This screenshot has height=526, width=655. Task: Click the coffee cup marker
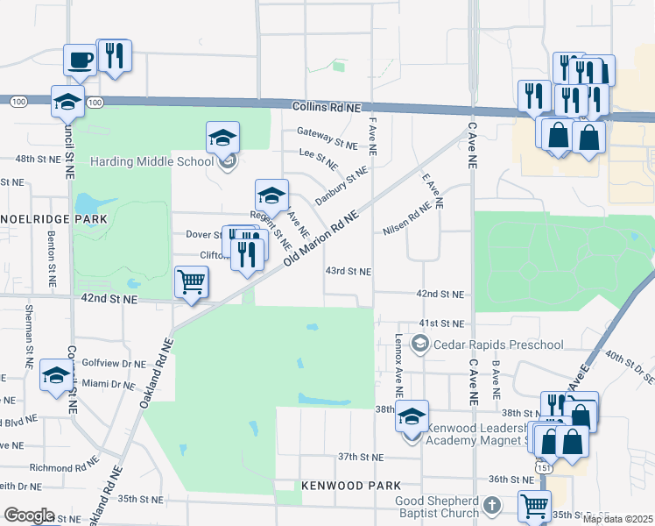(x=80, y=60)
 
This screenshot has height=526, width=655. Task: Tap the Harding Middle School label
(x=152, y=161)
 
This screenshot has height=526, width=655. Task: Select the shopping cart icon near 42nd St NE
(x=191, y=282)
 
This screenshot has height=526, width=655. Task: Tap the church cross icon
(x=492, y=506)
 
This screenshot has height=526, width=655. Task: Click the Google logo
(x=28, y=515)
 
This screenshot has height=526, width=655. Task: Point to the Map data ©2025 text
(x=617, y=519)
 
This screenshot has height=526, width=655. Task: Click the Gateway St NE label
(x=327, y=137)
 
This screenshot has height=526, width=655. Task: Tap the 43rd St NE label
(x=349, y=272)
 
